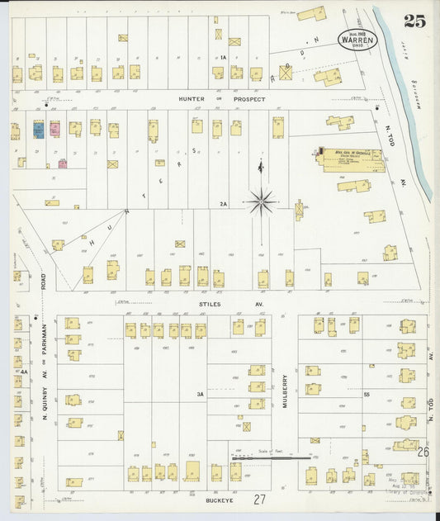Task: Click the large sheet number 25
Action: coord(414,21)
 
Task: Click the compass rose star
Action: coord(262,200)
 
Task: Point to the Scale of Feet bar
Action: coord(271,455)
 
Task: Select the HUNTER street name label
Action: coord(192,99)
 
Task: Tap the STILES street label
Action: coord(210,304)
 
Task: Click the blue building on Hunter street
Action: coord(38,130)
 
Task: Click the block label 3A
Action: coord(200,395)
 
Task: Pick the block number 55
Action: coord(367,395)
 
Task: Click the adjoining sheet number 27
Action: coord(260,500)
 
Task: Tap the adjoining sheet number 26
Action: coord(423,452)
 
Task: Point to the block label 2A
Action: coord(223,203)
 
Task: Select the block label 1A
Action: coord(223,57)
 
